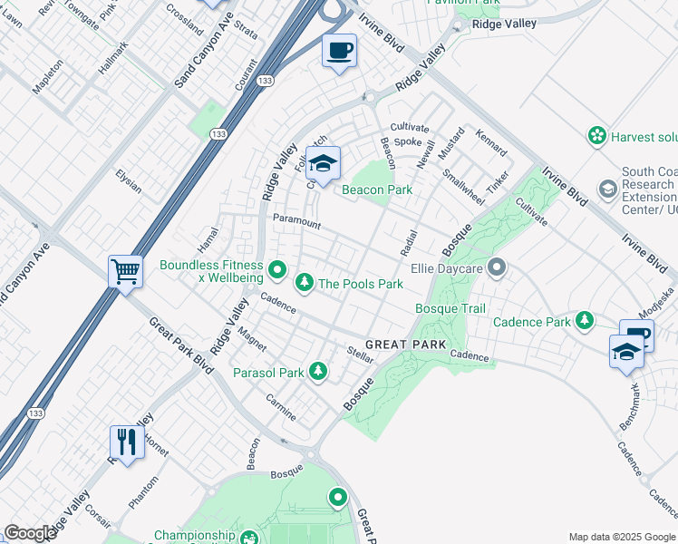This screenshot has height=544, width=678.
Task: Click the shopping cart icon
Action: coord(125,270)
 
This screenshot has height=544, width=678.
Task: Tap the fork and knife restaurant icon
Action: coord(126,442)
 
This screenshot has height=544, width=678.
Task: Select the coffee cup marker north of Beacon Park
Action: coord(340,51)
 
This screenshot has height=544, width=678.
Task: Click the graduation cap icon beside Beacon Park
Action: coord(322,163)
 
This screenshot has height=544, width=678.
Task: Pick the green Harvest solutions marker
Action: coord(596,136)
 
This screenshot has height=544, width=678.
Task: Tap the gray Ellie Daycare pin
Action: coord(496,267)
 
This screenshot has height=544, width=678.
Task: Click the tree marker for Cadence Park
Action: coord(585,321)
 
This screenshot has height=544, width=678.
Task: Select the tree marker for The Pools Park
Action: coord(305,284)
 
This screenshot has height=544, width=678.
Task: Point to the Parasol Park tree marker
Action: coord(317,372)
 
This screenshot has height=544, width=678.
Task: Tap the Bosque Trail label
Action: coord(450,309)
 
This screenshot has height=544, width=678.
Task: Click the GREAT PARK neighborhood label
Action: coord(406,345)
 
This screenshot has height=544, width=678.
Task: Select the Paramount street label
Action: coord(296,220)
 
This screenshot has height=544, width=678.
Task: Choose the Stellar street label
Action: coord(361,355)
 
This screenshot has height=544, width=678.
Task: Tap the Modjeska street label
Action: coord(654,302)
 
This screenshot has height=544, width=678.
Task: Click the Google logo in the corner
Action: coord(30,532)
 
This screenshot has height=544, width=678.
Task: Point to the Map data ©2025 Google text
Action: coord(621,537)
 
